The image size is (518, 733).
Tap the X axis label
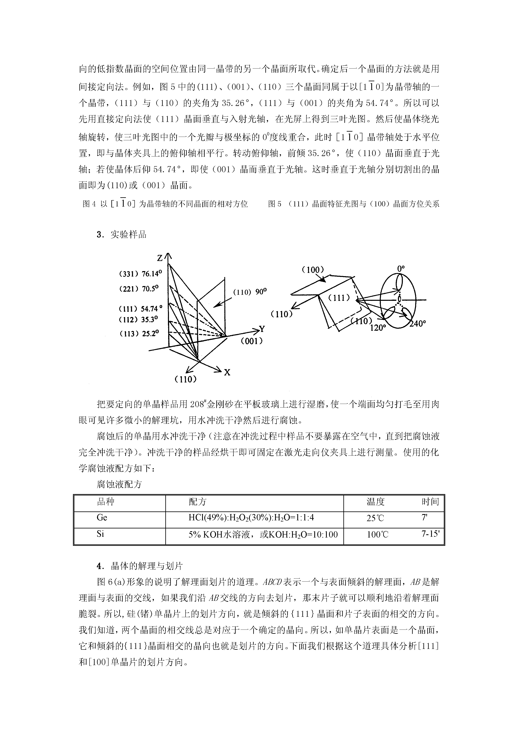[227, 372]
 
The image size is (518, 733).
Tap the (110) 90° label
[250, 292]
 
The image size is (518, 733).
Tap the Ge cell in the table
[102, 518]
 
